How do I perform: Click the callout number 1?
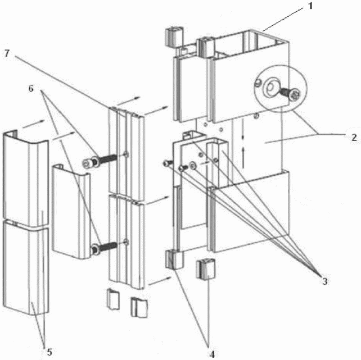(310, 6)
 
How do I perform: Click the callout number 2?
(354, 138)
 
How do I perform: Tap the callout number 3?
(324, 281)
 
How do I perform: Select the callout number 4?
(212, 354)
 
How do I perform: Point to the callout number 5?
(49, 352)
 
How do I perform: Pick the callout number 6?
(31, 88)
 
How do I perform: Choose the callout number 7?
(7, 53)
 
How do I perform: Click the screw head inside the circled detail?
(295, 94)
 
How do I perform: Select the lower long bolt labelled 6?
(104, 248)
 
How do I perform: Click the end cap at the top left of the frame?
(174, 37)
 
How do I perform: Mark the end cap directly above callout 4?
(206, 268)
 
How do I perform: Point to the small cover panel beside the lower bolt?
(71, 212)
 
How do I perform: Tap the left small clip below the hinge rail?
(113, 299)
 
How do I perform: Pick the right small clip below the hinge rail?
(139, 308)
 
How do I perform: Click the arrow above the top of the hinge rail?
(128, 101)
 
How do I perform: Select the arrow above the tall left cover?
(33, 124)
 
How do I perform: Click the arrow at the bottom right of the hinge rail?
(160, 281)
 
